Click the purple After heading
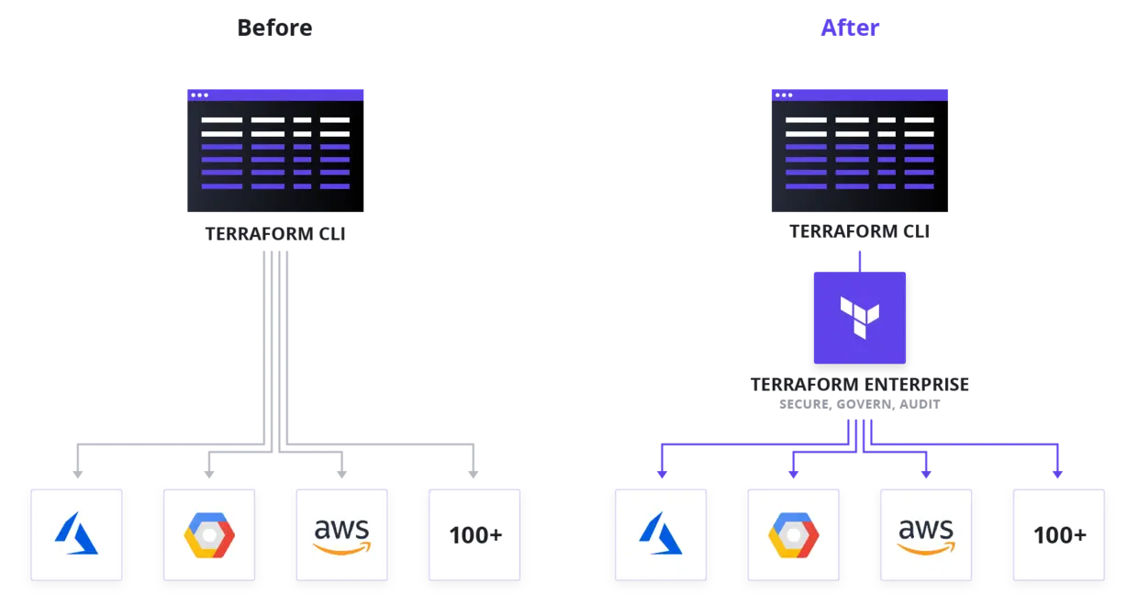[x=848, y=28]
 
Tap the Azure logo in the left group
[x=76, y=534]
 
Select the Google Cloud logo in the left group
[x=209, y=534]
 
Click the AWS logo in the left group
[x=341, y=534]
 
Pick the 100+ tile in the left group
[x=474, y=534]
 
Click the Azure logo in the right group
[x=660, y=534]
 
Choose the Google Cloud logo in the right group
[x=793, y=534]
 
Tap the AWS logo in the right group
[x=925, y=534]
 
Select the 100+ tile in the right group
[x=1058, y=534]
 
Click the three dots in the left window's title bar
[x=199, y=95]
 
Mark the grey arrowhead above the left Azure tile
[x=76, y=475]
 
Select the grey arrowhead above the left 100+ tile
[x=474, y=475]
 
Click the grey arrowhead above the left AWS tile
[x=341, y=475]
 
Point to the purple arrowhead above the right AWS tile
[x=925, y=474]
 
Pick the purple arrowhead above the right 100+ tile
[x=1057, y=474]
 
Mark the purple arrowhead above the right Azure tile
[x=661, y=474]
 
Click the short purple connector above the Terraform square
[x=860, y=261]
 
